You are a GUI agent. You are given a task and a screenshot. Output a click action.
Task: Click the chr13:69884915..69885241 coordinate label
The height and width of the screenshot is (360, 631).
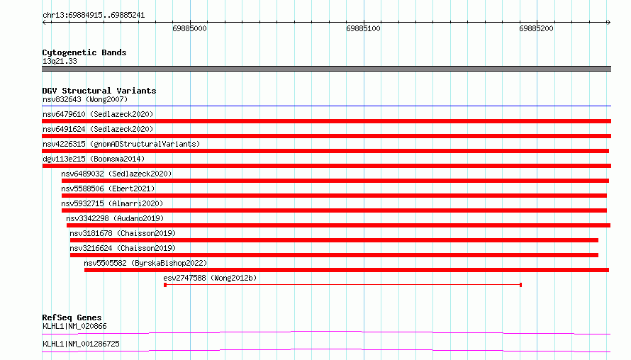click(x=94, y=16)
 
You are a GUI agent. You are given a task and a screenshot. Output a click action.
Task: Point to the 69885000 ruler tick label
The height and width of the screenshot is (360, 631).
click(x=189, y=28)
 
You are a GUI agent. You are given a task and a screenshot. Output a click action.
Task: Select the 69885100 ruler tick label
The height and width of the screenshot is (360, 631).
click(x=363, y=28)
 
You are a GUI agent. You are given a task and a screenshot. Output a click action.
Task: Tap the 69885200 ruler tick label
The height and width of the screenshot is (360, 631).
click(x=536, y=28)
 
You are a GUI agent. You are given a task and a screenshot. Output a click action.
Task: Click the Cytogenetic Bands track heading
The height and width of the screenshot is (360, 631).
click(x=84, y=52)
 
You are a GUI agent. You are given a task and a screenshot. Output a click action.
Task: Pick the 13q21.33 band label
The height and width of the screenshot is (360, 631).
click(x=60, y=61)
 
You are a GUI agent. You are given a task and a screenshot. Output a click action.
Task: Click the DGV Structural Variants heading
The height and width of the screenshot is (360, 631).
click(x=99, y=91)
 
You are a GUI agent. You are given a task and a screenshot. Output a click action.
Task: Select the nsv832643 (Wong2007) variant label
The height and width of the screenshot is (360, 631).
click(x=85, y=99)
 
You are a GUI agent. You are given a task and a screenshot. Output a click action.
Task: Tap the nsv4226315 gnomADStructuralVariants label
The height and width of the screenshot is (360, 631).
click(x=121, y=144)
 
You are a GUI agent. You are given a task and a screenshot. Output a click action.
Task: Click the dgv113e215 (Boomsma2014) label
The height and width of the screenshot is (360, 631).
click(x=94, y=159)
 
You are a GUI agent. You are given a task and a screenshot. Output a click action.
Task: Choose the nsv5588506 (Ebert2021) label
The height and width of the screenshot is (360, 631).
click(x=108, y=189)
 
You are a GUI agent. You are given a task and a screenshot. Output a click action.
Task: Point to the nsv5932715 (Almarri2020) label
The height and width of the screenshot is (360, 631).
click(x=112, y=203)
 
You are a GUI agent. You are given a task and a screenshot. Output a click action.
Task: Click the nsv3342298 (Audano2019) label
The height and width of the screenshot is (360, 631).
click(x=115, y=218)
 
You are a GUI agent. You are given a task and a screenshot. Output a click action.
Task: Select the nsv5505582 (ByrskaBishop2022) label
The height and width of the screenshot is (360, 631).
click(x=145, y=263)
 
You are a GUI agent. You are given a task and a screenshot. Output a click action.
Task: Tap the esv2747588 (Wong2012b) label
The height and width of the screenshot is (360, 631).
click(x=210, y=278)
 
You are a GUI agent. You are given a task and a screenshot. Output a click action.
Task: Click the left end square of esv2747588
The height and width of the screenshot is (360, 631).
click(x=165, y=285)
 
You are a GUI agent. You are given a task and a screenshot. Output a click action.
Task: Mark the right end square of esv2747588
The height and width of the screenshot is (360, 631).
click(x=520, y=285)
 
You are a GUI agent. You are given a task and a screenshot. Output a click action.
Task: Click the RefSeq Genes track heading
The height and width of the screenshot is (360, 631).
click(x=72, y=317)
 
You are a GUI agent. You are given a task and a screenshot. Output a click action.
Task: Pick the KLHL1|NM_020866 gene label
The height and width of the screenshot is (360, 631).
click(x=74, y=326)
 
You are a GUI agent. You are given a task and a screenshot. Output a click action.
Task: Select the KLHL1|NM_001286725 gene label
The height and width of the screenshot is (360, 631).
click(x=81, y=344)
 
